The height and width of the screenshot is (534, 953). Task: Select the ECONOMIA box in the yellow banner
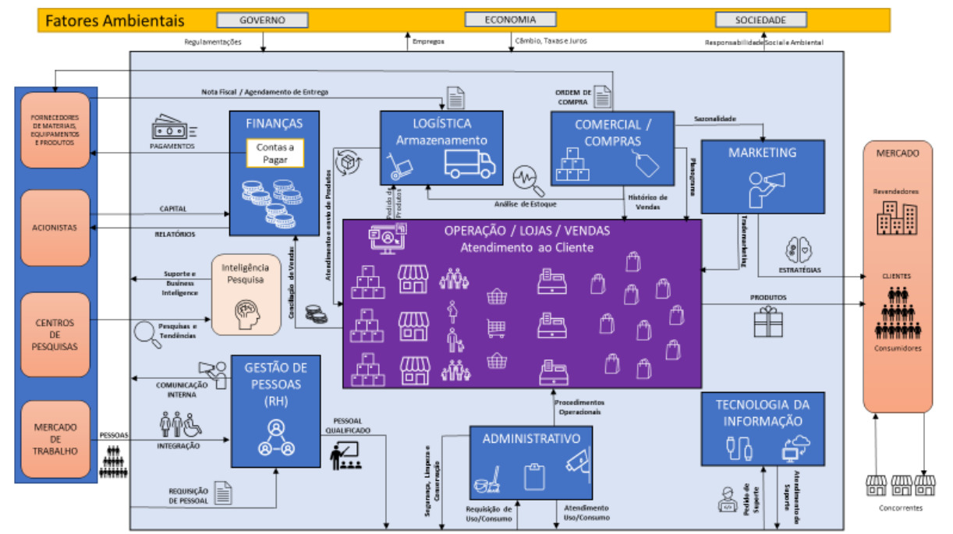coord(511,19)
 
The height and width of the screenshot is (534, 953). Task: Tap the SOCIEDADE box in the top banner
coord(761,20)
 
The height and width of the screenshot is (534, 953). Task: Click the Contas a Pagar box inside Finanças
coord(275,154)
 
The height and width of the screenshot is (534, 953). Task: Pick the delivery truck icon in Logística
coord(469,164)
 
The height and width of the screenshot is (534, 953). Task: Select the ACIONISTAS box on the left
coord(55,228)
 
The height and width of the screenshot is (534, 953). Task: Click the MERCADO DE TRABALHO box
coord(55,439)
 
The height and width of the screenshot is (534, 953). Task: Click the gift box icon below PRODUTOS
coord(768,321)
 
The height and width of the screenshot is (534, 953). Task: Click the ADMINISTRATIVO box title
coord(530,438)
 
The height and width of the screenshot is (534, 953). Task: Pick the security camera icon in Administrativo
coord(576,466)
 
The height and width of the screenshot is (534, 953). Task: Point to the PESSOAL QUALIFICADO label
coord(352,426)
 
